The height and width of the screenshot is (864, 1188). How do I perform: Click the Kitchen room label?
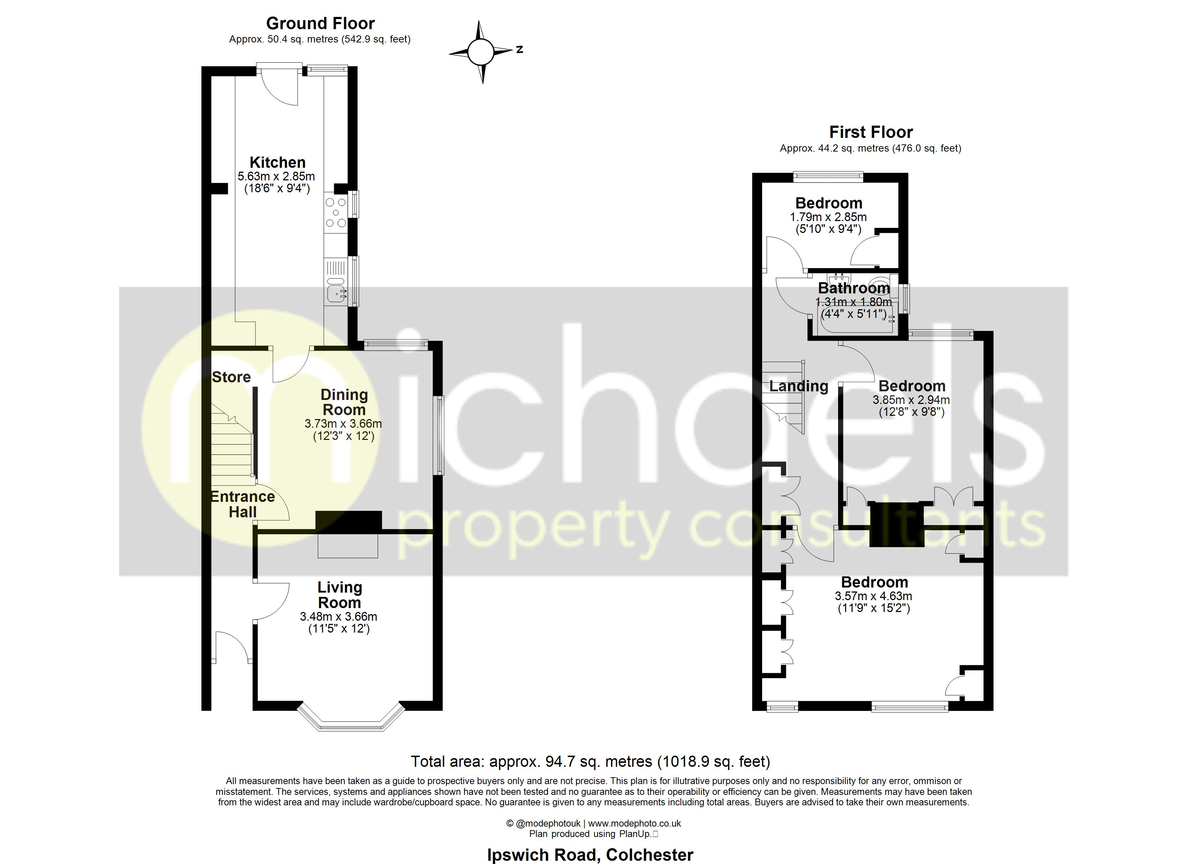click(277, 162)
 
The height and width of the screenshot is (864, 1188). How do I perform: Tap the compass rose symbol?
click(480, 52)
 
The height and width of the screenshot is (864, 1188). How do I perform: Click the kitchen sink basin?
click(335, 294)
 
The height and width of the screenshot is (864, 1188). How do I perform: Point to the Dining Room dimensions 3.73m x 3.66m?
click(343, 423)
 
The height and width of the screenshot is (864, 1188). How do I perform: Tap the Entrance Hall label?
click(243, 504)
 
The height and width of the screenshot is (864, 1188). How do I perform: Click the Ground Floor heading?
click(320, 23)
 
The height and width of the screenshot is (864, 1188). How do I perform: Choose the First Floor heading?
click(870, 132)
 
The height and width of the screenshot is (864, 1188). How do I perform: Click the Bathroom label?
click(854, 288)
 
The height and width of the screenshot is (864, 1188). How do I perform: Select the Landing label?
click(798, 386)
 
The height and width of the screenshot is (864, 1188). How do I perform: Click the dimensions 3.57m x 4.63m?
click(873, 596)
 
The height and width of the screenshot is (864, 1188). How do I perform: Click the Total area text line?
click(590, 761)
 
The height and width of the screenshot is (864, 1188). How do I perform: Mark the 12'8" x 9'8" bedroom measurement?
click(912, 412)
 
